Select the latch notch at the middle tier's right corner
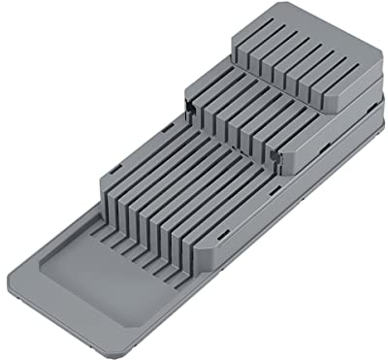coord(282,153)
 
